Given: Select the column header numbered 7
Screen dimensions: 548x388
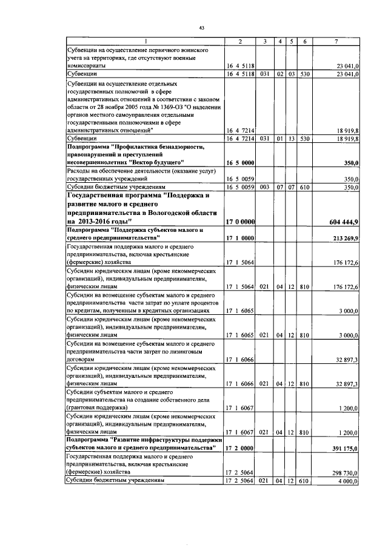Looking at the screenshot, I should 336,41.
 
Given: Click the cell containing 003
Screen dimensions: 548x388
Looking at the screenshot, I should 264,188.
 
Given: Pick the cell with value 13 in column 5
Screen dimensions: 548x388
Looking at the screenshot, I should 292,138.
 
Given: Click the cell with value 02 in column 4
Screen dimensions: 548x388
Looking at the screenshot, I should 281,74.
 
